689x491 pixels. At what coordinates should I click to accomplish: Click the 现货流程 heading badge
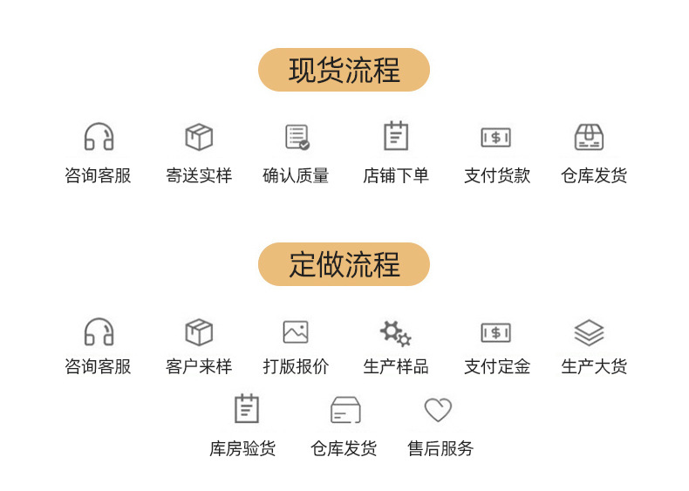click(x=344, y=70)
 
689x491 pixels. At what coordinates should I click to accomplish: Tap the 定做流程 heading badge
click(x=344, y=264)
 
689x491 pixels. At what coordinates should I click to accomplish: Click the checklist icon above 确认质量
click(x=297, y=137)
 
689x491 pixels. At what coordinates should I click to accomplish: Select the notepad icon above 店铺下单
click(x=396, y=136)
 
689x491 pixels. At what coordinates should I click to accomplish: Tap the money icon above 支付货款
click(x=496, y=138)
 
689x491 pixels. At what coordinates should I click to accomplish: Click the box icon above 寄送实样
click(x=199, y=137)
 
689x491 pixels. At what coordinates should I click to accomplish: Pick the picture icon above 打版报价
click(x=296, y=332)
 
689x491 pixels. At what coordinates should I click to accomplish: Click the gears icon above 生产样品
click(x=396, y=334)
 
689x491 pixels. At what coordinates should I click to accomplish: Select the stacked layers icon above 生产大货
click(x=590, y=333)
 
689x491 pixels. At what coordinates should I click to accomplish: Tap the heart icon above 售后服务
click(x=438, y=410)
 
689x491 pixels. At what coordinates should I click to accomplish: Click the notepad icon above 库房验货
click(x=247, y=409)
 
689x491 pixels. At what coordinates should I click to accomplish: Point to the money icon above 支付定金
click(x=496, y=333)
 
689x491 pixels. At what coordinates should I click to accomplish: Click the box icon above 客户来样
click(x=199, y=332)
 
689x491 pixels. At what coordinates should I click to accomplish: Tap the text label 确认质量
click(x=296, y=175)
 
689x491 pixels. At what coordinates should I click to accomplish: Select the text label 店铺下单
click(x=396, y=175)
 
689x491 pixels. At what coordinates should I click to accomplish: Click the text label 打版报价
click(x=296, y=366)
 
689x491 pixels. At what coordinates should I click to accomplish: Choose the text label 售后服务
click(x=440, y=448)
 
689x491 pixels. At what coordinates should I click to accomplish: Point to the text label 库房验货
click(x=242, y=448)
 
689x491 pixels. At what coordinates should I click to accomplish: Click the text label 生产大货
click(x=594, y=366)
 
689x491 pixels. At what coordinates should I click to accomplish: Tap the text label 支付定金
click(x=497, y=366)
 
